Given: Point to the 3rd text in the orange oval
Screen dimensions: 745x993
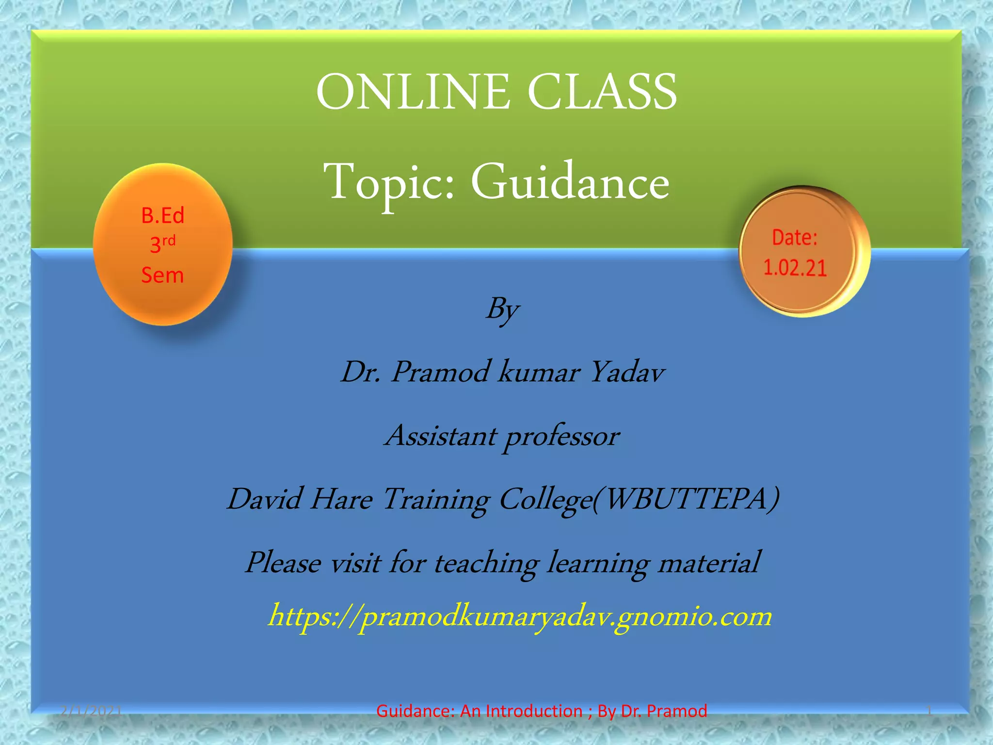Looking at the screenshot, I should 162,244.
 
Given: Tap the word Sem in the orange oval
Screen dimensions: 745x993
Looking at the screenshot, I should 162,275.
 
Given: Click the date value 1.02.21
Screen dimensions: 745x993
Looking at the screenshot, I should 795,268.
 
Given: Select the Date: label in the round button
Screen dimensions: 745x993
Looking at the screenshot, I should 795,238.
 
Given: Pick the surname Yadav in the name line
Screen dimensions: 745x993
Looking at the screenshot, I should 627,372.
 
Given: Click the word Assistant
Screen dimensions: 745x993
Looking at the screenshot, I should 441,436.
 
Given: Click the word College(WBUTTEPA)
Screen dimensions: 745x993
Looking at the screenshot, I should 639,500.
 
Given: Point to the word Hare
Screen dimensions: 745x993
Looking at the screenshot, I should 341,500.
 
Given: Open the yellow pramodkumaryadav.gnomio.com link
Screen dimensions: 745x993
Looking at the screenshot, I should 520,617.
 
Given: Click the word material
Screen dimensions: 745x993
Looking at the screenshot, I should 708,563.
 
